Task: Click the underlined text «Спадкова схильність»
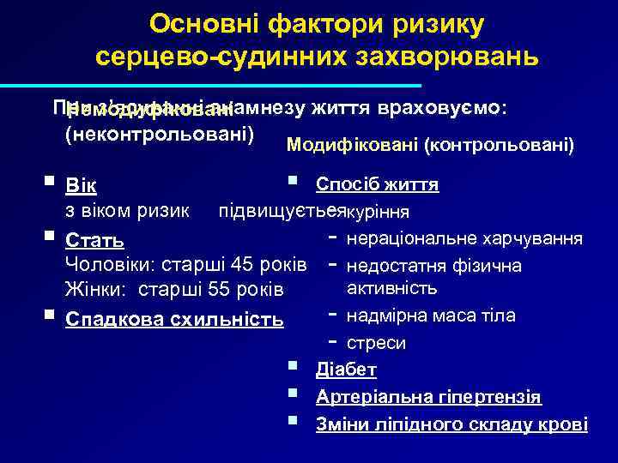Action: (174, 320)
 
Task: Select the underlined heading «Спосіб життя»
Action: (377, 184)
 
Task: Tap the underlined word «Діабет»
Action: (346, 370)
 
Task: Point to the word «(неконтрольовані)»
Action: (160, 135)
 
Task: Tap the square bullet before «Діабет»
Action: (294, 368)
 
